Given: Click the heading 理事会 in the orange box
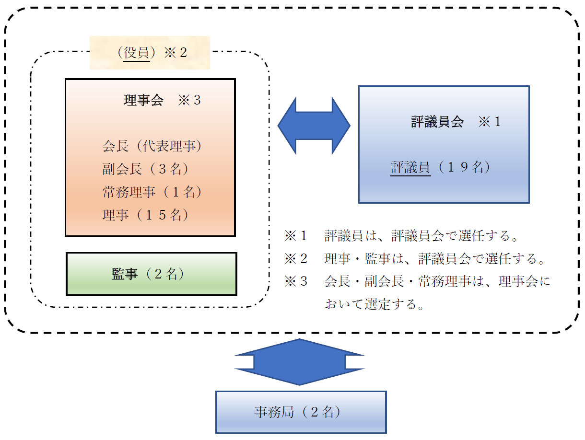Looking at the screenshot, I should [x=143, y=101].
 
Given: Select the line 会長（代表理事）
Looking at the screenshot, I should [x=152, y=146].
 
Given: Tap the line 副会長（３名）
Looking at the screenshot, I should [x=145, y=169].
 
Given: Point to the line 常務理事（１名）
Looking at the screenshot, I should [x=152, y=192].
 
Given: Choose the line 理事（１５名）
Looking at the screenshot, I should [x=145, y=215].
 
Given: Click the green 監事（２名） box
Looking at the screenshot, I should [x=151, y=274].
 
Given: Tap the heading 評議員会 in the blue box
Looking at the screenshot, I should [x=437, y=122].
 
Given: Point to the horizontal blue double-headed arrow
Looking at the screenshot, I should [x=314, y=126].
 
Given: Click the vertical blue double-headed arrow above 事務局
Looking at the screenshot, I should [x=300, y=362].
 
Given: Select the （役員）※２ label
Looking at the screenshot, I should [x=150, y=53].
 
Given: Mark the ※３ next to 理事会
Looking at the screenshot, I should [x=189, y=101].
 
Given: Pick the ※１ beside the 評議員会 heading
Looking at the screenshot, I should [x=489, y=122].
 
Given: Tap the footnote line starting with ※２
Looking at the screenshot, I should [x=415, y=259].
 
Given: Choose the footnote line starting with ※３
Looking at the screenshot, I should [x=417, y=281].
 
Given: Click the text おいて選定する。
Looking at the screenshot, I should [x=374, y=304].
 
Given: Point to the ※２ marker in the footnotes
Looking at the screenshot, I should [x=295, y=259].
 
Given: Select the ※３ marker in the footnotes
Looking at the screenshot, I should [x=295, y=281].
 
